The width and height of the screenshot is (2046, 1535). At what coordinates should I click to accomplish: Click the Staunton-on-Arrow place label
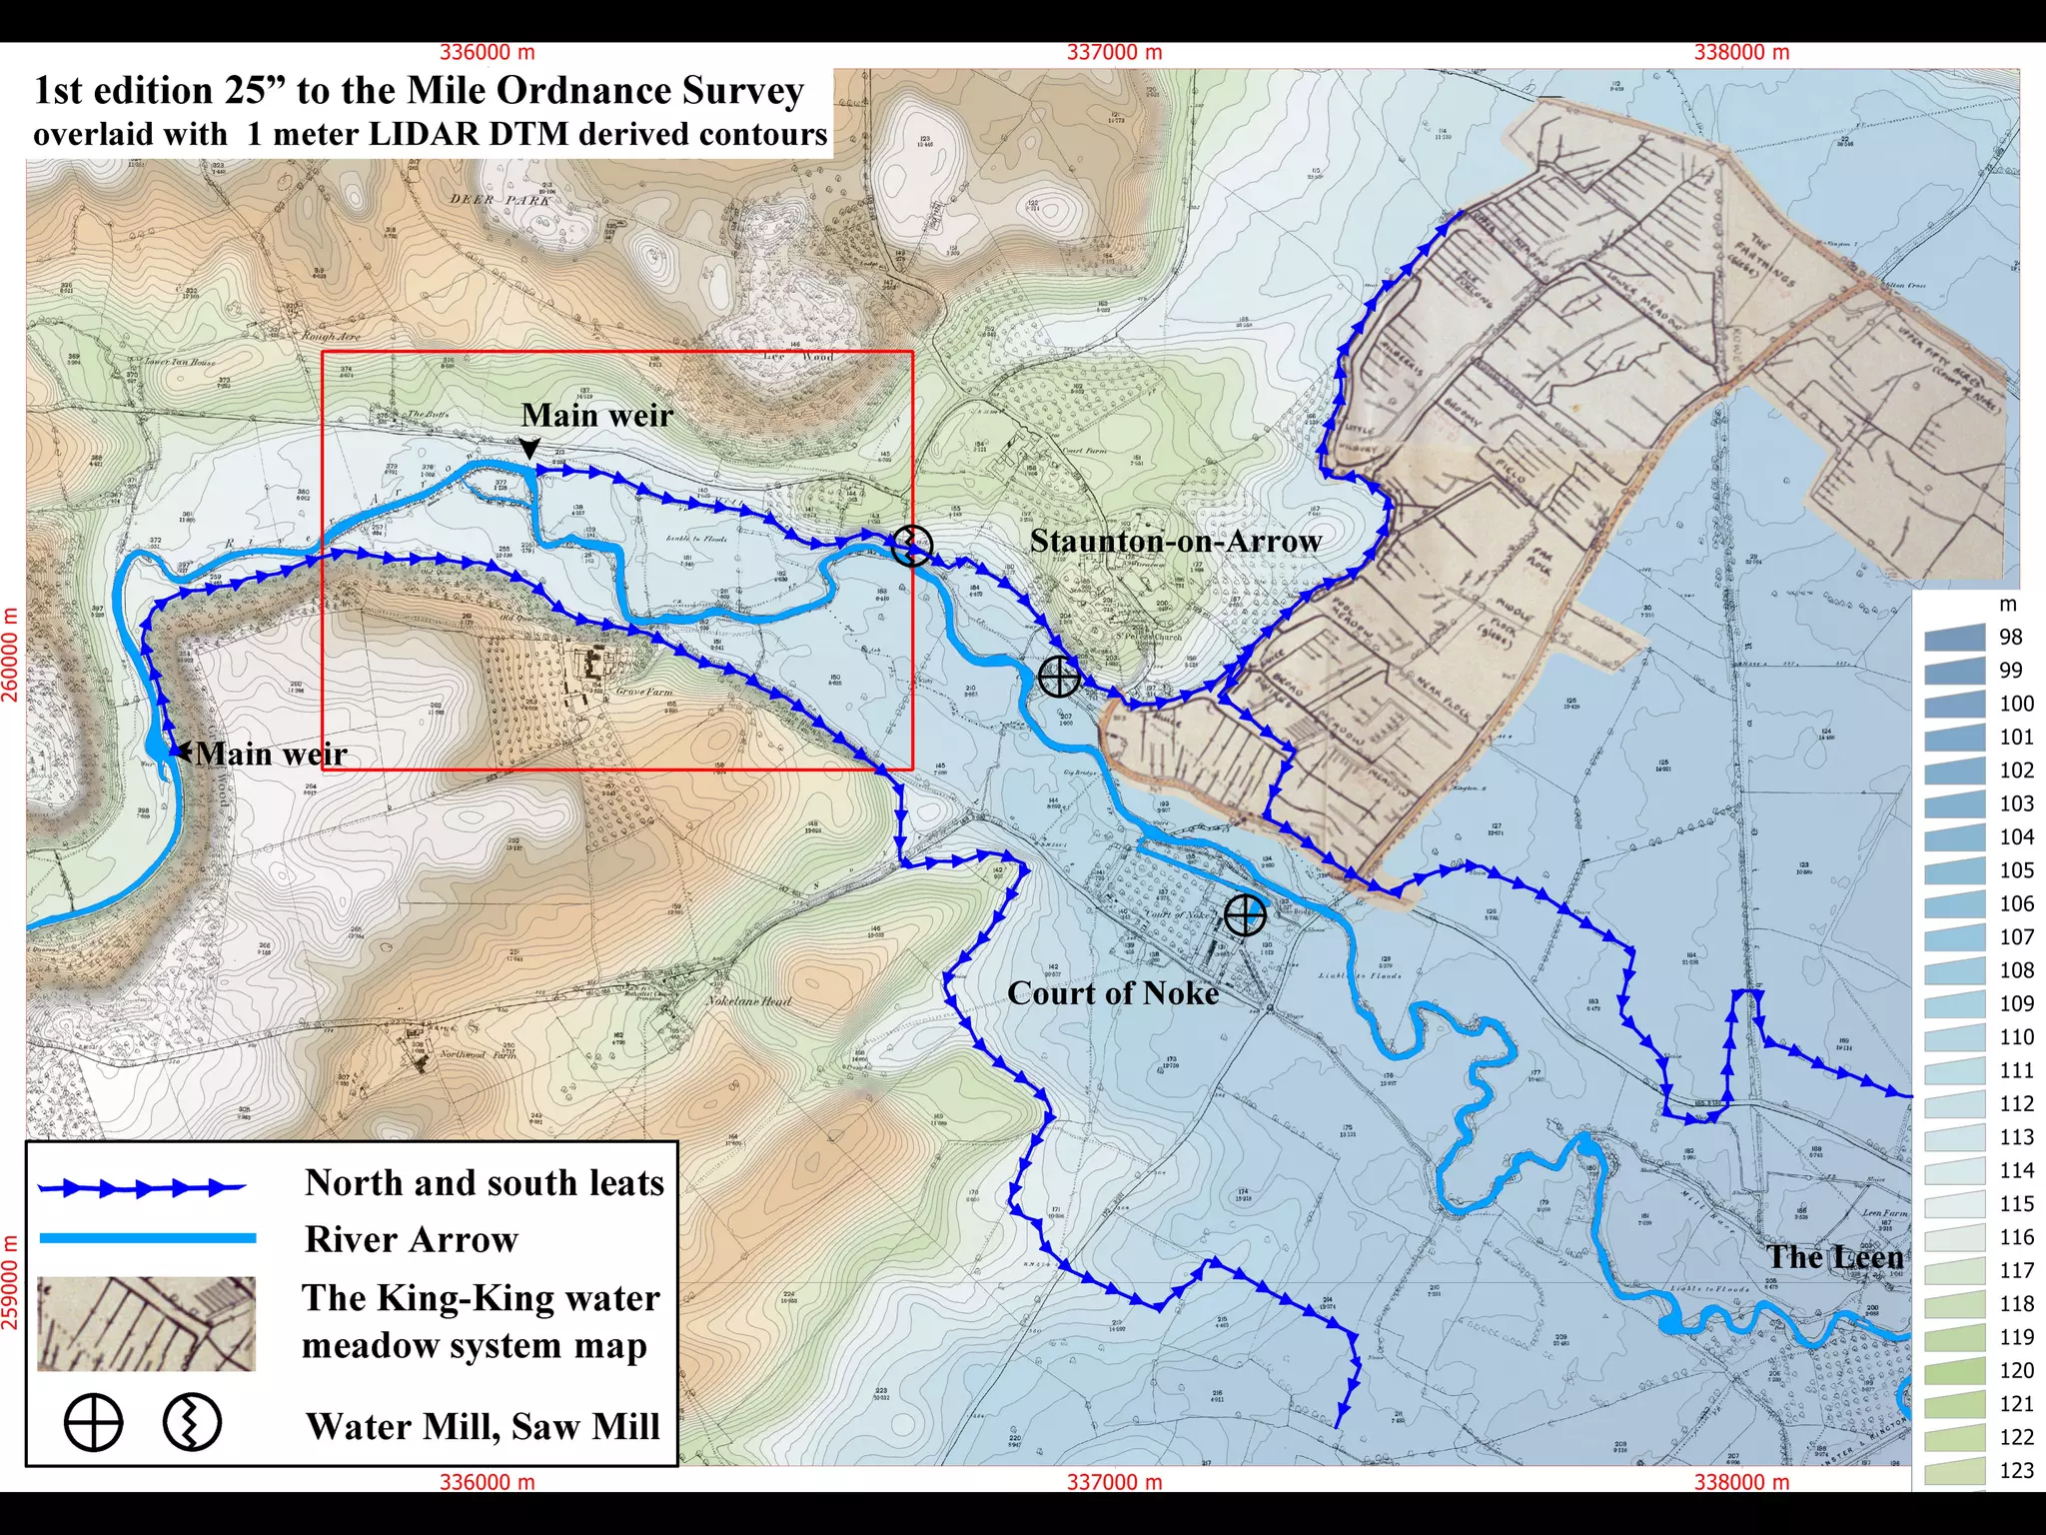pos(1175,541)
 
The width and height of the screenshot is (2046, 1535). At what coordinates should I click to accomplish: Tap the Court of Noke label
pos(1113,993)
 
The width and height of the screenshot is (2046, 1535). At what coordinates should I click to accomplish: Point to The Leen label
pos(1835,1257)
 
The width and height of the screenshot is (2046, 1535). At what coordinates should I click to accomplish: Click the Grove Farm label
pos(644,691)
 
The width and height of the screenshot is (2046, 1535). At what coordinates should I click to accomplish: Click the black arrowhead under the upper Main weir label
pos(530,449)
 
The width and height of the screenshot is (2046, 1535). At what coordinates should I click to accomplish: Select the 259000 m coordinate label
pos(11,1283)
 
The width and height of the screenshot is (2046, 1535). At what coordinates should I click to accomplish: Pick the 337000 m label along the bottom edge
pos(1114,1482)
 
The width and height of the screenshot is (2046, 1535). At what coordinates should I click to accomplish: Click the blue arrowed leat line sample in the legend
pos(141,1187)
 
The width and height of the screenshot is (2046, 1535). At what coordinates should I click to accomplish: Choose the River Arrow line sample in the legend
pos(148,1238)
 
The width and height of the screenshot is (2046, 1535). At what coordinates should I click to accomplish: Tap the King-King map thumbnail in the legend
pos(146,1323)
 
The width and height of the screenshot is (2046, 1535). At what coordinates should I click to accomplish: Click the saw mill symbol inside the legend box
pos(192,1423)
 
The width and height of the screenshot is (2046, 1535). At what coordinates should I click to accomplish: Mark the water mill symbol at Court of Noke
pos(1244,914)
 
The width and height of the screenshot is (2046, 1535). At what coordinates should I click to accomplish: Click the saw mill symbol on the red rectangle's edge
pos(911,546)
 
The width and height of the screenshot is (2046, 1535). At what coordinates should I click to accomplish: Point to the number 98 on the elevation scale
pos(2010,638)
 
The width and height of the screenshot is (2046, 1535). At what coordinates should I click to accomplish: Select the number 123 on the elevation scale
pos(2016,1470)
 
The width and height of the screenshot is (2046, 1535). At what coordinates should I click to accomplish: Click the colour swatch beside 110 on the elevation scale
pos(1954,1037)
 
